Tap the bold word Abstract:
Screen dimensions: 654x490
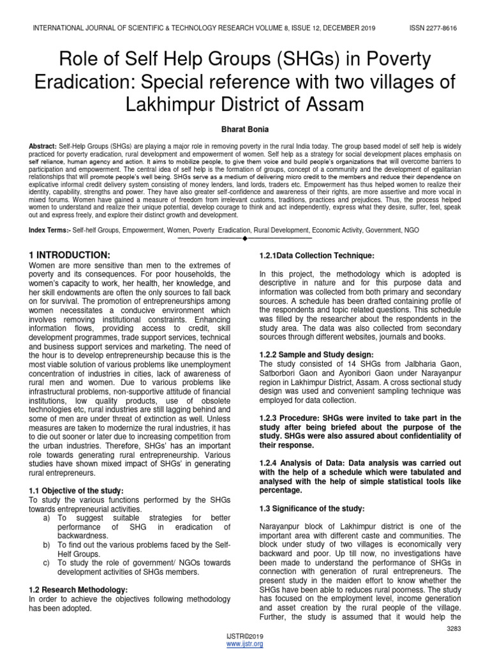pos(43,146)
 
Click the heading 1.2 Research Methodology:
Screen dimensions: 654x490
pos(78,589)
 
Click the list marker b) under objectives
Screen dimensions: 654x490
pos(47,544)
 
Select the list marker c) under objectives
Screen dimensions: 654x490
pos(47,562)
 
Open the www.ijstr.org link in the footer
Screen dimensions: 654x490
pos(245,644)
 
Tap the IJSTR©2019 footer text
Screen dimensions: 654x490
pos(245,637)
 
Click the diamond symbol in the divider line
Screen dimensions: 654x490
pos(244,238)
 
